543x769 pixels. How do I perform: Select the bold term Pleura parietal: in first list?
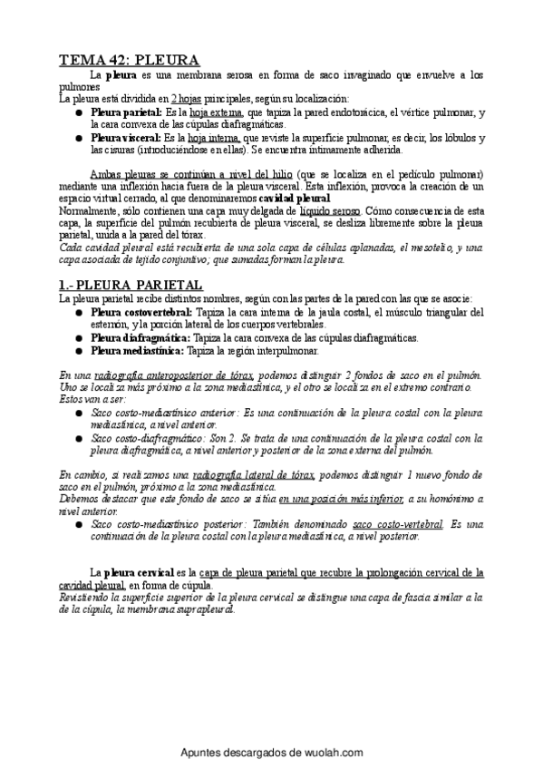[126, 112]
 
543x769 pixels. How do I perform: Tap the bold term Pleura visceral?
[126, 137]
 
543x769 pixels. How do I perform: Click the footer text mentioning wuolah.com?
[271, 753]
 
